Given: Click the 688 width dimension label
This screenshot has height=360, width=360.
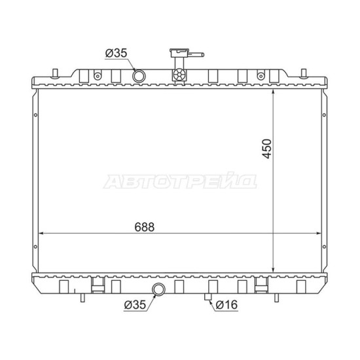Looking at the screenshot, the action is pos(145,227).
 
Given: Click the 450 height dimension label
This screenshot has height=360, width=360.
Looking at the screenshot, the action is pos(267,149).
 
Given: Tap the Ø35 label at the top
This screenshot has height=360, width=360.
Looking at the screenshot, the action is pos(116,53).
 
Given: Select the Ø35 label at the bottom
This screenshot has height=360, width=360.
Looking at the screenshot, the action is pos(135,304).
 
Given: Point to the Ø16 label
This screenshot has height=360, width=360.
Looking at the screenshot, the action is pos(227,304).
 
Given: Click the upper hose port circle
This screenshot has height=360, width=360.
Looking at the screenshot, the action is pos(139,76).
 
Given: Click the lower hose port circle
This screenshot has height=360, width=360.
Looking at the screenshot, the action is pos(159,289).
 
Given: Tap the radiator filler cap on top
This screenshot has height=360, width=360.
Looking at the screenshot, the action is pos(179,52).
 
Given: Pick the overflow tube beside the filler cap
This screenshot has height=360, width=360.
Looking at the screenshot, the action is pos(196,54).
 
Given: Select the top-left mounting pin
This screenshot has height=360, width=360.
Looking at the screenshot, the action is pos(55,73).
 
